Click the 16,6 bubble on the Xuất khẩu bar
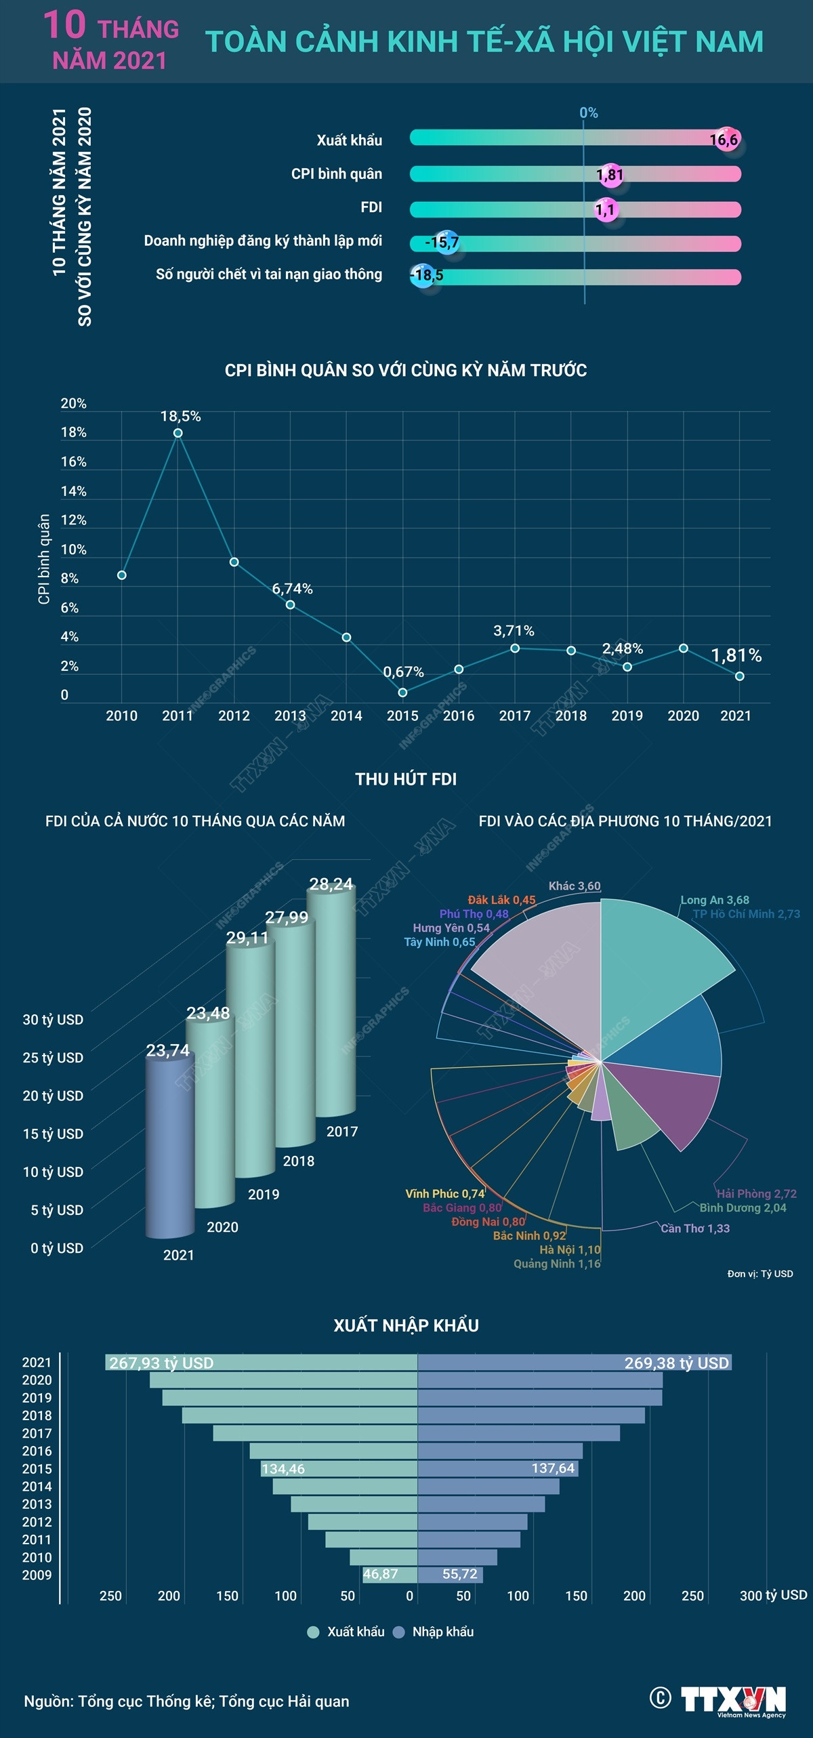click(724, 140)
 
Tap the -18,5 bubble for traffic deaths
click(425, 275)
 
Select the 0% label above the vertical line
click(588, 113)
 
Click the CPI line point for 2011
click(178, 433)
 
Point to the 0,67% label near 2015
click(403, 672)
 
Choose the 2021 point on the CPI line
click(739, 676)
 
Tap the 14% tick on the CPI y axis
click(73, 491)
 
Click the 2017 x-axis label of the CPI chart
click(514, 716)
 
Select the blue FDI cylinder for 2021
click(169, 1145)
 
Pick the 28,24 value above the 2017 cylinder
click(331, 884)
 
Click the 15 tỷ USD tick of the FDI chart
click(53, 1134)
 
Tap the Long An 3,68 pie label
click(714, 900)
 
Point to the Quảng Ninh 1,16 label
click(556, 1264)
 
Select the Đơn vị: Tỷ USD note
click(759, 1274)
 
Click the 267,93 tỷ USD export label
click(161, 1363)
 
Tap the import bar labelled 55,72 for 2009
click(450, 1574)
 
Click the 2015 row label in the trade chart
click(37, 1469)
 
